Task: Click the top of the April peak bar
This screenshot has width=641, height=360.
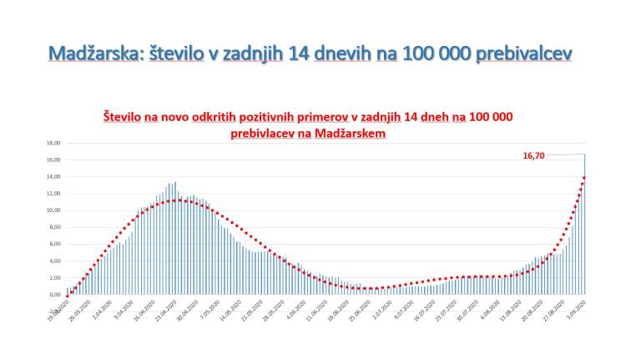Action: (x=174, y=183)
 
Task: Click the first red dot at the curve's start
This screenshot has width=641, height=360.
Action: (x=67, y=295)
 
